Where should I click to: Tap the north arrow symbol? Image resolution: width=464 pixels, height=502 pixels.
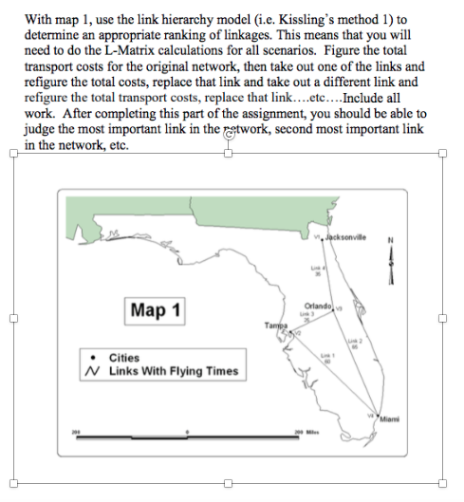pos(389,260)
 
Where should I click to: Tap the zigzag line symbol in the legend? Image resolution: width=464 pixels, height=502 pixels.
pos(92,371)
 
